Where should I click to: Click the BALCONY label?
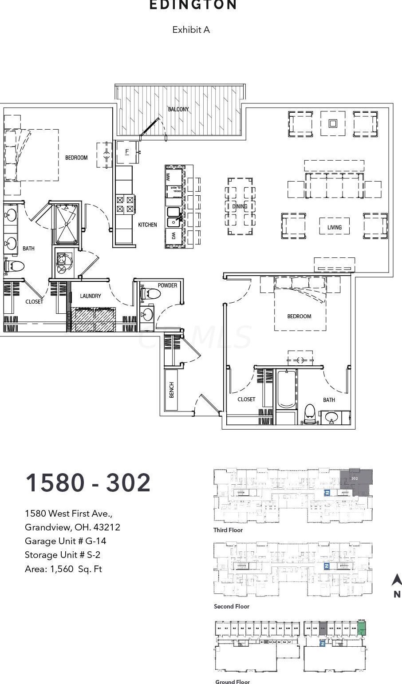point(178,109)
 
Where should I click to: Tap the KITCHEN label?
point(147,225)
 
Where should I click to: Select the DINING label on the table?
point(240,206)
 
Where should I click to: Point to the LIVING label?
point(335,227)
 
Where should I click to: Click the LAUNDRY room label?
point(91,296)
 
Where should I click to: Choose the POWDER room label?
point(167,285)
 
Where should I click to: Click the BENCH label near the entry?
point(171,390)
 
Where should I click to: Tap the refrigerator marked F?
point(127,152)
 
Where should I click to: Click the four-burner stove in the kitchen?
point(125,204)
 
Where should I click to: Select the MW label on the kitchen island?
point(168,178)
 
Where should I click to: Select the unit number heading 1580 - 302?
point(88,483)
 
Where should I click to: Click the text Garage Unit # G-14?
point(65,541)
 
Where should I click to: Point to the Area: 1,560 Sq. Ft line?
point(63,569)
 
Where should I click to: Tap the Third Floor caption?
point(228,530)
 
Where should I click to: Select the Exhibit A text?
point(191,30)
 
